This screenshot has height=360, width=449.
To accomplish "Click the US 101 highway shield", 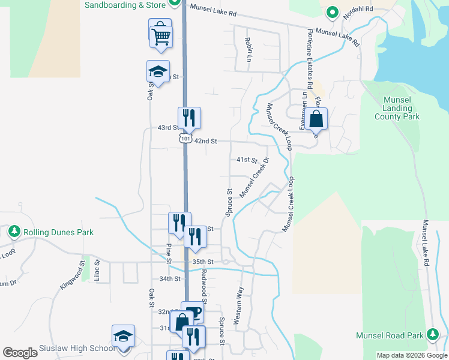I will (184, 138).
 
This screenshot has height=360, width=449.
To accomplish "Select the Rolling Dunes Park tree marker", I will (13, 231).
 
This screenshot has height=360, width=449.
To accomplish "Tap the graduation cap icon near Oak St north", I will (158, 72).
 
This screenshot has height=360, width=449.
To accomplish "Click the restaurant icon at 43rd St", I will (189, 118).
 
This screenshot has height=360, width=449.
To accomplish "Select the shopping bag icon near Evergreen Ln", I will (316, 119).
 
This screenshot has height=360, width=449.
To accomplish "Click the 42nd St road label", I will (205, 141).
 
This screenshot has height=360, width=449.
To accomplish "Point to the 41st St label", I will (246, 160).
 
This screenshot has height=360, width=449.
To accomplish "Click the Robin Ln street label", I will (247, 50).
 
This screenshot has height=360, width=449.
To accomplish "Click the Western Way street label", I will (238, 306).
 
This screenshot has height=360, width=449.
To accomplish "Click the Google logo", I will (20, 352).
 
